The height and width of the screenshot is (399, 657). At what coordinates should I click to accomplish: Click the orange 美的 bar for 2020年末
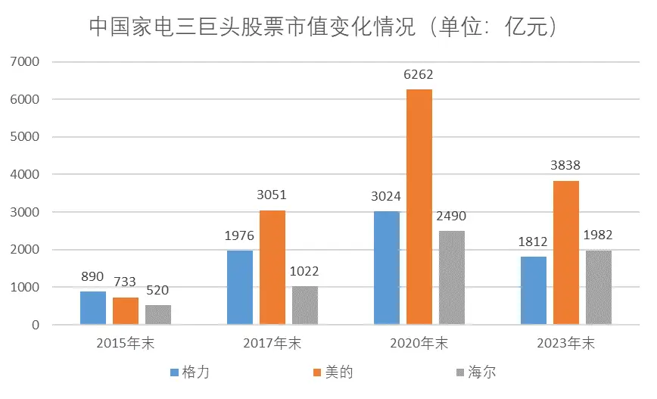(x=419, y=207)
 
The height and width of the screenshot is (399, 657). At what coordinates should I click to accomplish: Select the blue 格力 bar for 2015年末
(x=93, y=308)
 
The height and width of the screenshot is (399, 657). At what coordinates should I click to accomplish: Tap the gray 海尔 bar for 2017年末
(x=305, y=306)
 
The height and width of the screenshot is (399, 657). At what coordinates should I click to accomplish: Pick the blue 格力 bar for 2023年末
(x=533, y=291)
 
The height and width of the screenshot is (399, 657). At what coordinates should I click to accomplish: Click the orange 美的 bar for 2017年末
(x=272, y=267)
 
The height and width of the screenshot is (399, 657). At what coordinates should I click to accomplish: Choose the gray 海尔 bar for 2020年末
(x=452, y=278)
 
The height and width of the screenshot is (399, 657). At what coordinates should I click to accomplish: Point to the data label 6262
(x=419, y=76)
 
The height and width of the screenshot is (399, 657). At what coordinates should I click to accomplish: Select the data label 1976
(x=239, y=235)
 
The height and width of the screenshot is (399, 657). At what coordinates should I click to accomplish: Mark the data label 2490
(x=452, y=217)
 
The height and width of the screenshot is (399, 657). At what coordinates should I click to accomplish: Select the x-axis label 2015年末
(x=126, y=343)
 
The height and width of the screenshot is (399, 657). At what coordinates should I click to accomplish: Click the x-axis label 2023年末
(x=565, y=343)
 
